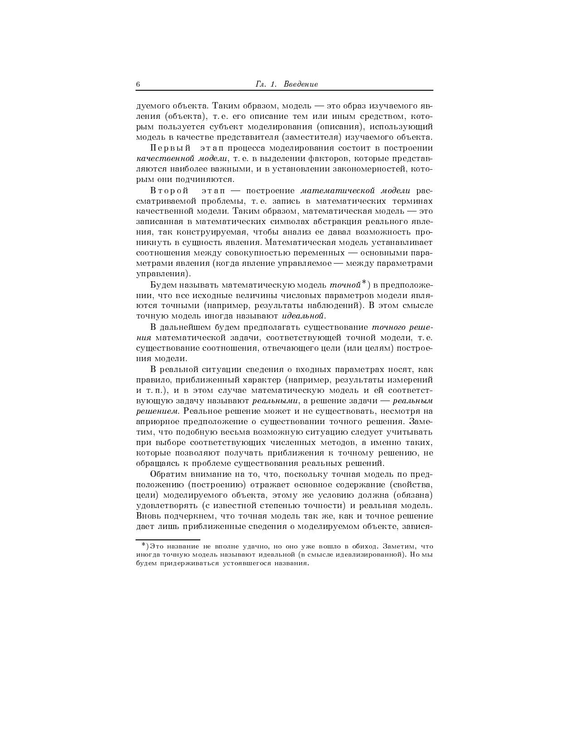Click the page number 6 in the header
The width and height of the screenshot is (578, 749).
(138, 84)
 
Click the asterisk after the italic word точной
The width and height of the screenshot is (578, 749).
(364, 283)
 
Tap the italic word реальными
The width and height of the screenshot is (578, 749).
(275, 401)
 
